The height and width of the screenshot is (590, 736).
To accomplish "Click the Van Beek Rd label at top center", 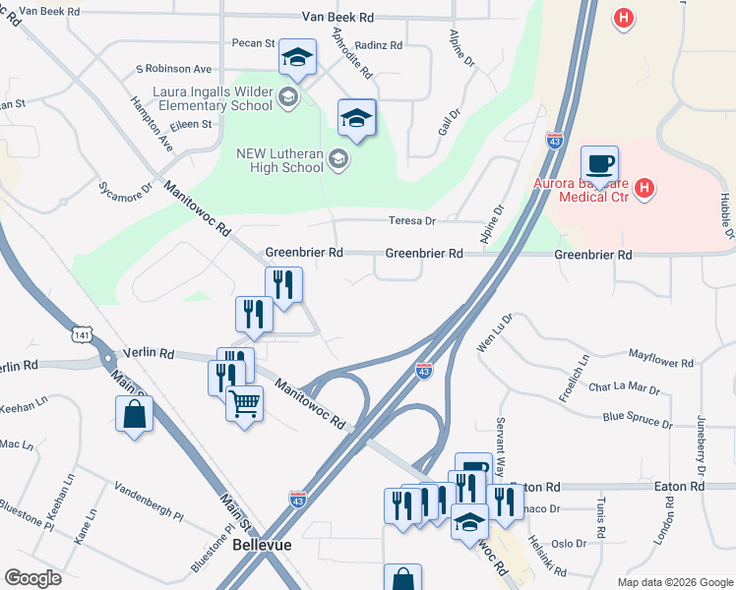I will coord(338,18).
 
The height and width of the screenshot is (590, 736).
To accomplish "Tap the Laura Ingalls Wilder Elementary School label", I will coord(213,98).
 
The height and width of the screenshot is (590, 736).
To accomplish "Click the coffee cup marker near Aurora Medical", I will coord(598,163).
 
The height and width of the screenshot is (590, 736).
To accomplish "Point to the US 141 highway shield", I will coord(82,334).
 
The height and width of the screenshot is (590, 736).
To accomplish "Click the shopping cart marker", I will coord(244,402).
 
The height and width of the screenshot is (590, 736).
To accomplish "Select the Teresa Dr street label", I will coord(411,221).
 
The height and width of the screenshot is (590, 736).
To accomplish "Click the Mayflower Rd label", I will coord(661,362).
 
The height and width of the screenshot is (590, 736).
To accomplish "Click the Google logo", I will coord(32,578).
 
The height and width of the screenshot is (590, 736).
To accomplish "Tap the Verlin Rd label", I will coord(149,353).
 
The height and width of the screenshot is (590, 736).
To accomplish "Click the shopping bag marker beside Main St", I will coord(134,414).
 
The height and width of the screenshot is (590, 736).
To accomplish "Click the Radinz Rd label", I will coord(380,45).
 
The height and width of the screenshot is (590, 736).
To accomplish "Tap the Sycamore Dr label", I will coord(127,187).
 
